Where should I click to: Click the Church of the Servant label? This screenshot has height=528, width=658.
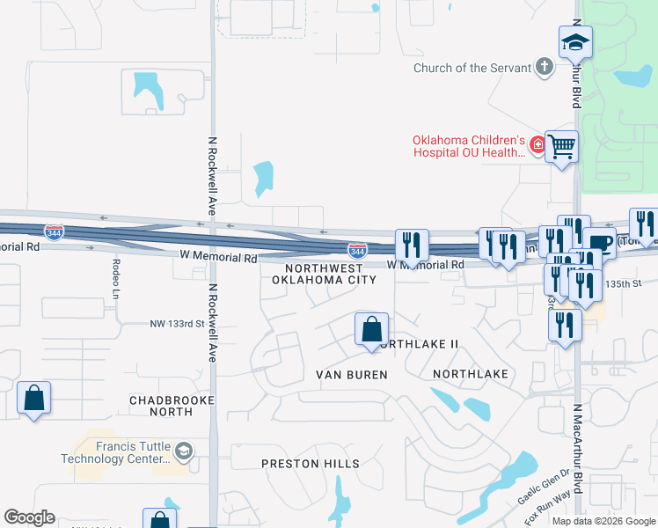point(473,68)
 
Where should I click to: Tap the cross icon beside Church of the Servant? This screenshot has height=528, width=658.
point(545,67)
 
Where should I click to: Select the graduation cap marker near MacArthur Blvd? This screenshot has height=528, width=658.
point(575,42)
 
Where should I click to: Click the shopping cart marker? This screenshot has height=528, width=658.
point(561,146)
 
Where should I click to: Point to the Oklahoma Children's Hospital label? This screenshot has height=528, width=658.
point(470,146)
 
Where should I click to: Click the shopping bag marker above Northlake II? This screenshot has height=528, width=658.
point(372,330)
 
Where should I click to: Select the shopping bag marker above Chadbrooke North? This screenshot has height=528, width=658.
point(33,398)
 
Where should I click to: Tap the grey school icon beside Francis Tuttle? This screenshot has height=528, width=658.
point(183,452)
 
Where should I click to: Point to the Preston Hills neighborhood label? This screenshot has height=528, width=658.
point(311,463)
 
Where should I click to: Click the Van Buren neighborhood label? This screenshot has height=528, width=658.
point(352,374)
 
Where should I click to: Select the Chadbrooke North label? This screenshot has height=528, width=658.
point(161,405)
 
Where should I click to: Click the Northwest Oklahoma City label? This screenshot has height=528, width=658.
point(324,274)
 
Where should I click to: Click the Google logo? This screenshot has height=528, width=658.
point(29,517)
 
